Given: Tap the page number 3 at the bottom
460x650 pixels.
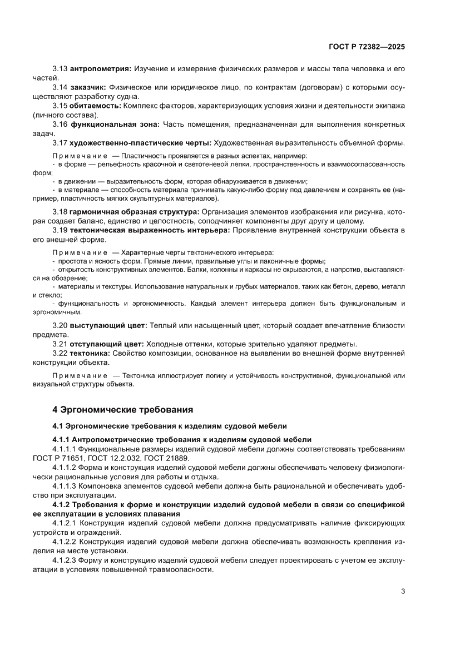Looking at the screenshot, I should [402, 591].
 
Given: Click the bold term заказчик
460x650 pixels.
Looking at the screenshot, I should [88, 87].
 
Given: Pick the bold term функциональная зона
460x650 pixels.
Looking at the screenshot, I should [115, 124].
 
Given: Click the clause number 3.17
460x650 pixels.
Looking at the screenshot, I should [60, 143].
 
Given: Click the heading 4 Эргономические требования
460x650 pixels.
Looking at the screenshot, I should [122, 410].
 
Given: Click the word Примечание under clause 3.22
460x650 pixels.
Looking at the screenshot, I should [80, 375].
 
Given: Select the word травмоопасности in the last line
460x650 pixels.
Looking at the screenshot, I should [181, 570].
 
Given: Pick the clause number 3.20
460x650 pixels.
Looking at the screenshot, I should [60, 325].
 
